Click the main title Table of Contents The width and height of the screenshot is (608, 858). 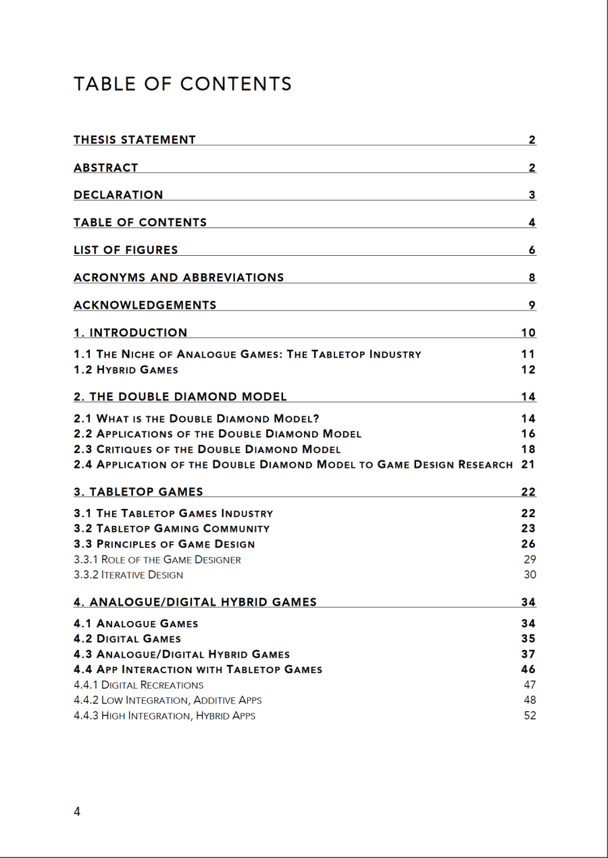pos(182,84)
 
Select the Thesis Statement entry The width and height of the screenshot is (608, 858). pos(134,140)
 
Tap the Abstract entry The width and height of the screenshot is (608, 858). pos(106,167)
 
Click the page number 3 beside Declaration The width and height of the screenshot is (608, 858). pos(532,195)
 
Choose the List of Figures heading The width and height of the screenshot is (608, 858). pos(126,250)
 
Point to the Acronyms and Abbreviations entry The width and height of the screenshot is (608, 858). pos(178,277)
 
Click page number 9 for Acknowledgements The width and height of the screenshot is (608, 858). pos(532,305)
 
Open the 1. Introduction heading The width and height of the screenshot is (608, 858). pos(130,332)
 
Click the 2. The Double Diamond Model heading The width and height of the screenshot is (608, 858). pos(180,396)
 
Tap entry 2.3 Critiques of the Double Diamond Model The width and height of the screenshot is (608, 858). pos(207,449)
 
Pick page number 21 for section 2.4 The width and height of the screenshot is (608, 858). pos(528,464)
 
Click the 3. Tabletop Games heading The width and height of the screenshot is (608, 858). pos(138,491)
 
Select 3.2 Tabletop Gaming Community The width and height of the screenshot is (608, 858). pos(172,529)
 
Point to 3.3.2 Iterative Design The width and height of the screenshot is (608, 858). pos(128,575)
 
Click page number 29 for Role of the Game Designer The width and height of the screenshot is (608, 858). pos(530,559)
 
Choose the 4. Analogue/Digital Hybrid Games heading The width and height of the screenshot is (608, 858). pos(195,602)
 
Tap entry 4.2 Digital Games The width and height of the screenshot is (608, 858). pos(127,639)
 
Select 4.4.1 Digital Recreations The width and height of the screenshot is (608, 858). pos(138,685)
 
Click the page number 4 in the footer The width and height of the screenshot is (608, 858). pos(77,812)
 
